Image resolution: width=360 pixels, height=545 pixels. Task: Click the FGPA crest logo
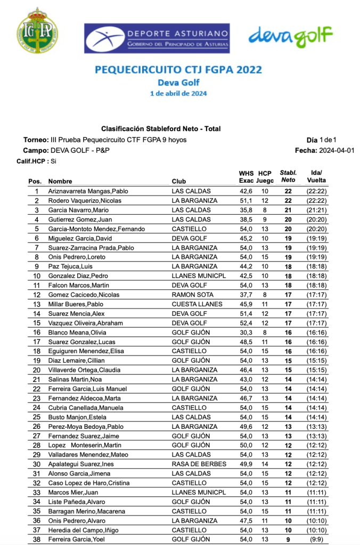pyautogui.click(x=37, y=30)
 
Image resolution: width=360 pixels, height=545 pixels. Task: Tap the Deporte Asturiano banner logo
pyautogui.click(x=157, y=38)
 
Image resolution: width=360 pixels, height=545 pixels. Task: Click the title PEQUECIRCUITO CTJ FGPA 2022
pyautogui.click(x=178, y=70)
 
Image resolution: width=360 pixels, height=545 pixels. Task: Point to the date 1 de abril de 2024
pyautogui.click(x=178, y=94)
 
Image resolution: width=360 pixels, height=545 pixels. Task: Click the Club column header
pyautogui.click(x=179, y=182)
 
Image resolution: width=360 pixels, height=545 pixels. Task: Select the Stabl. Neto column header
pyautogui.click(x=288, y=177)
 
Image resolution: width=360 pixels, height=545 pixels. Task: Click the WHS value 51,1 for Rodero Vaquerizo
pyautogui.click(x=246, y=201)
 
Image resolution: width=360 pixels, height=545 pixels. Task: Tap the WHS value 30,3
pyautogui.click(x=246, y=332)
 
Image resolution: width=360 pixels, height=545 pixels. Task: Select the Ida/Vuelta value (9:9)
pyautogui.click(x=316, y=540)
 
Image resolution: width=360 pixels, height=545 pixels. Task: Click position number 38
pyautogui.click(x=37, y=540)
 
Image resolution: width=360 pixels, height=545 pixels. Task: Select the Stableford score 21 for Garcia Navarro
pyautogui.click(x=288, y=210)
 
